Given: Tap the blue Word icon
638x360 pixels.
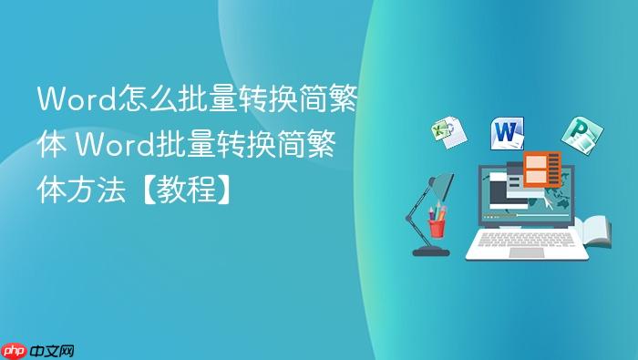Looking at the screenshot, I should [x=508, y=133].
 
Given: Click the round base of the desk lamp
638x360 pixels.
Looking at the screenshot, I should [x=431, y=250].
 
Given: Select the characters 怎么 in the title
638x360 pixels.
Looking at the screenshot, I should [x=141, y=98].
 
